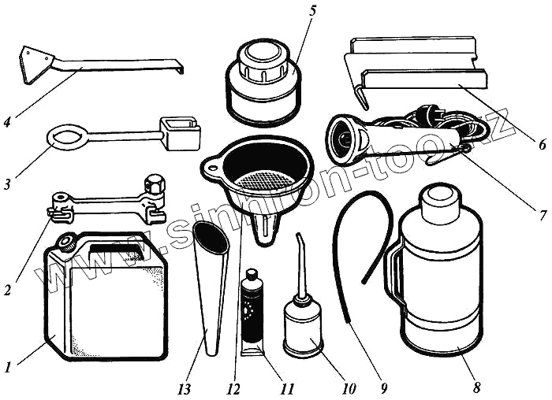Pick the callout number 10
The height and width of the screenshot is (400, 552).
coord(348,388)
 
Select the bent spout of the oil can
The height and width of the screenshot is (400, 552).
coord(300,253)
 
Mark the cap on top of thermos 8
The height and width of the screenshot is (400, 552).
coord(439,201)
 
